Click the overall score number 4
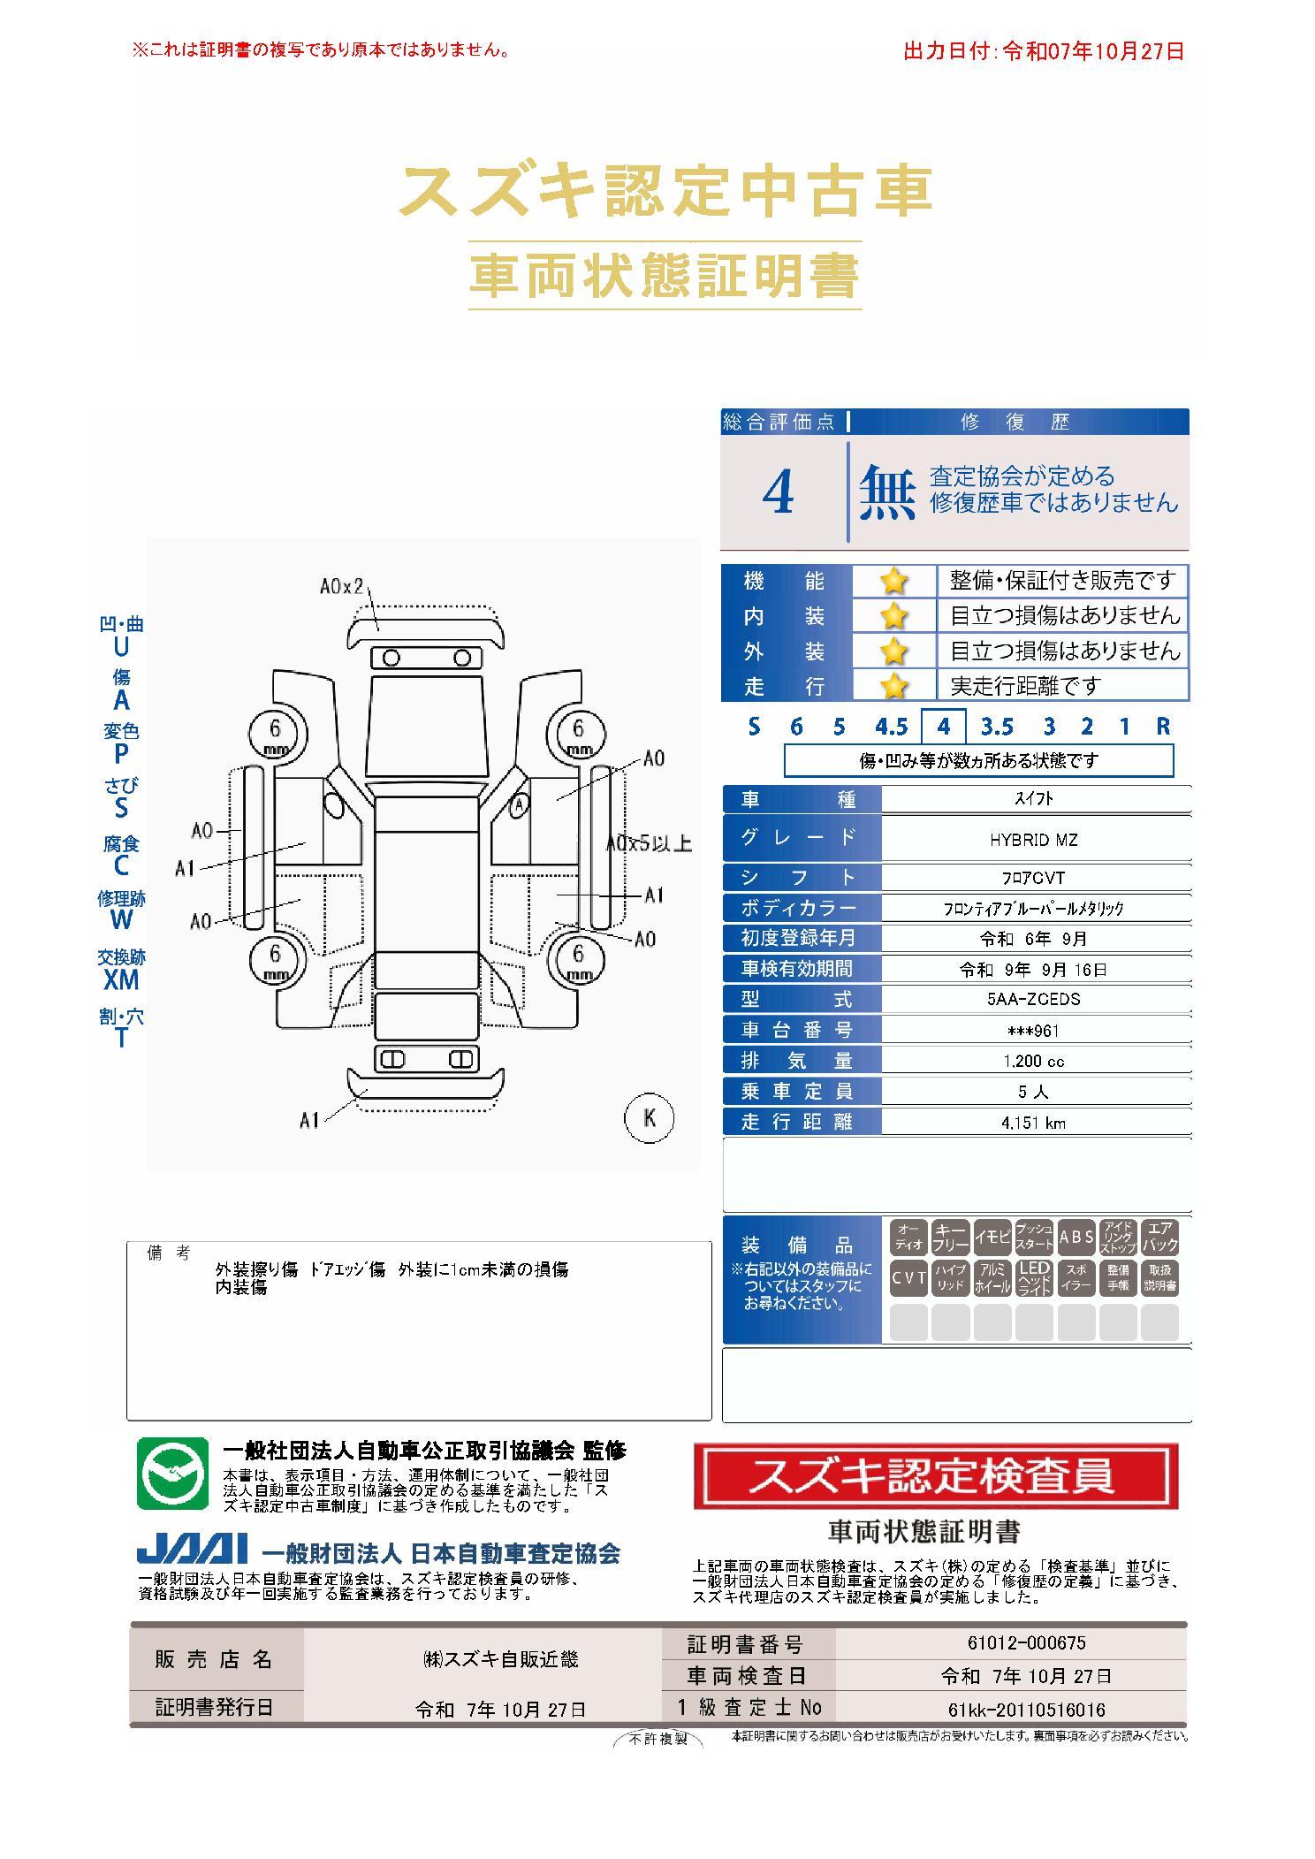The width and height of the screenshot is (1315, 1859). pos(778,494)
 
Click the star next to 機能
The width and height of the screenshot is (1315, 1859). pos(894,582)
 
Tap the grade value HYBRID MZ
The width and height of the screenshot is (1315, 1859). pos(1033,840)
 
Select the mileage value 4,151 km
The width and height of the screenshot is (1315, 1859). pos(1033,1123)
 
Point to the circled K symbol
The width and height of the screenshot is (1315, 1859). pos(650,1117)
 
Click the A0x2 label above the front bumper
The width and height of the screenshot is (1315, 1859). pos(342,586)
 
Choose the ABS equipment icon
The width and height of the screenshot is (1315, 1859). pos(1076,1238)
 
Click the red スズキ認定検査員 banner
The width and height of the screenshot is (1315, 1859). pos(936,1475)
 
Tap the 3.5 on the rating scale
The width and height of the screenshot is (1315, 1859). pos(997,727)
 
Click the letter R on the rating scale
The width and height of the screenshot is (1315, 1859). pos(1163,727)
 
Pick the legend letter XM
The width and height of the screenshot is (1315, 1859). pos(121,979)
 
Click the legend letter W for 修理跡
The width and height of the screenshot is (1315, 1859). pos(121,919)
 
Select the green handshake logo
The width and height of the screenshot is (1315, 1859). pos(172,1474)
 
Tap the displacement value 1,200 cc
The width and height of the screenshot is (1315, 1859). pos(1033,1062)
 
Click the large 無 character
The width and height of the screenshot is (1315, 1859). pos(886,493)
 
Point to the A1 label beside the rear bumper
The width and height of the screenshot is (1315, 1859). pos(308,1121)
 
